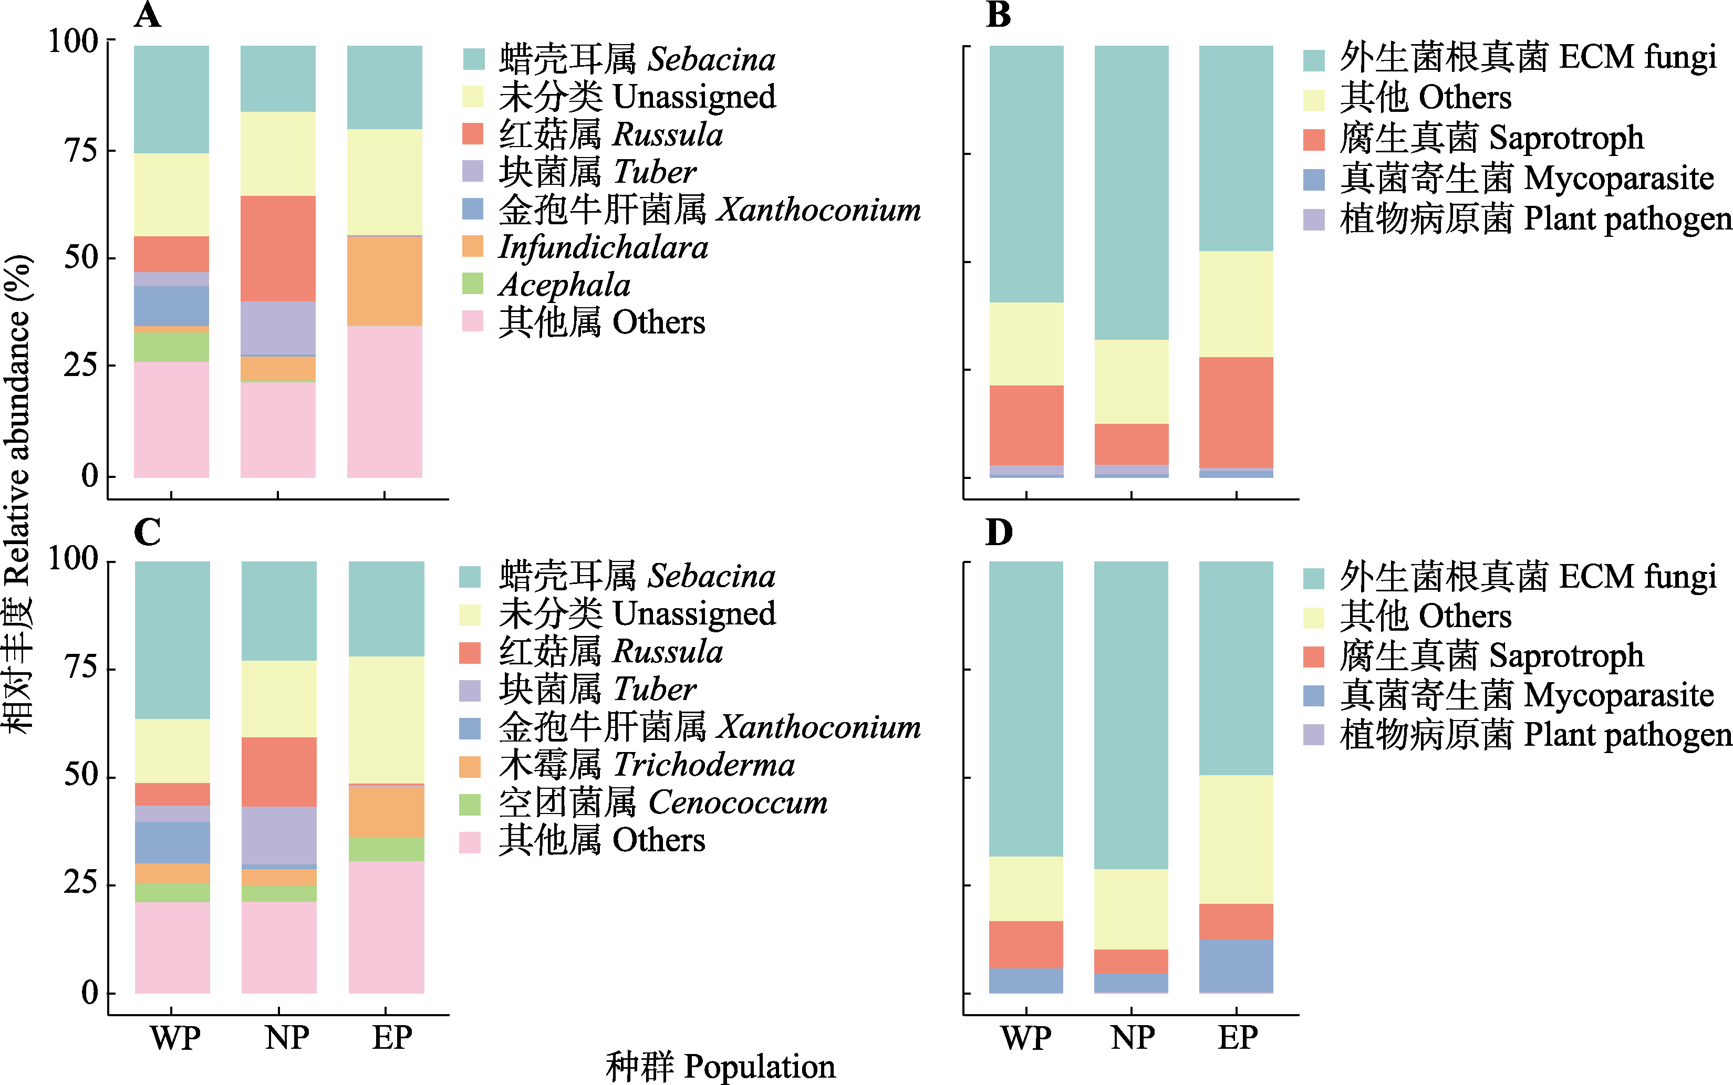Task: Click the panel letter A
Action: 148,14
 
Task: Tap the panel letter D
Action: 999,533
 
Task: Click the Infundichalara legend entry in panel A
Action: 603,247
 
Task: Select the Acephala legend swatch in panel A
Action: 473,284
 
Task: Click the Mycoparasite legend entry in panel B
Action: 1527,179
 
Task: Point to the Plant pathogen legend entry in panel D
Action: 1535,735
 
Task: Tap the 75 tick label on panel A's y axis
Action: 80,151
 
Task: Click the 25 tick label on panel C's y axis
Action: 80,883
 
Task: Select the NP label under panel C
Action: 286,1038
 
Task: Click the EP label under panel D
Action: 1237,1038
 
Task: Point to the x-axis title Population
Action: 721,1066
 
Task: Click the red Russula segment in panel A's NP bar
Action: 278,248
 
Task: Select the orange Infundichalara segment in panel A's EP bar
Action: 385,281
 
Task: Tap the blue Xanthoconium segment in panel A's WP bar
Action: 171,306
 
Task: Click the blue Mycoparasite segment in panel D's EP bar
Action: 1236,965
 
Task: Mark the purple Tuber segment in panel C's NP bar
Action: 278,835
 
